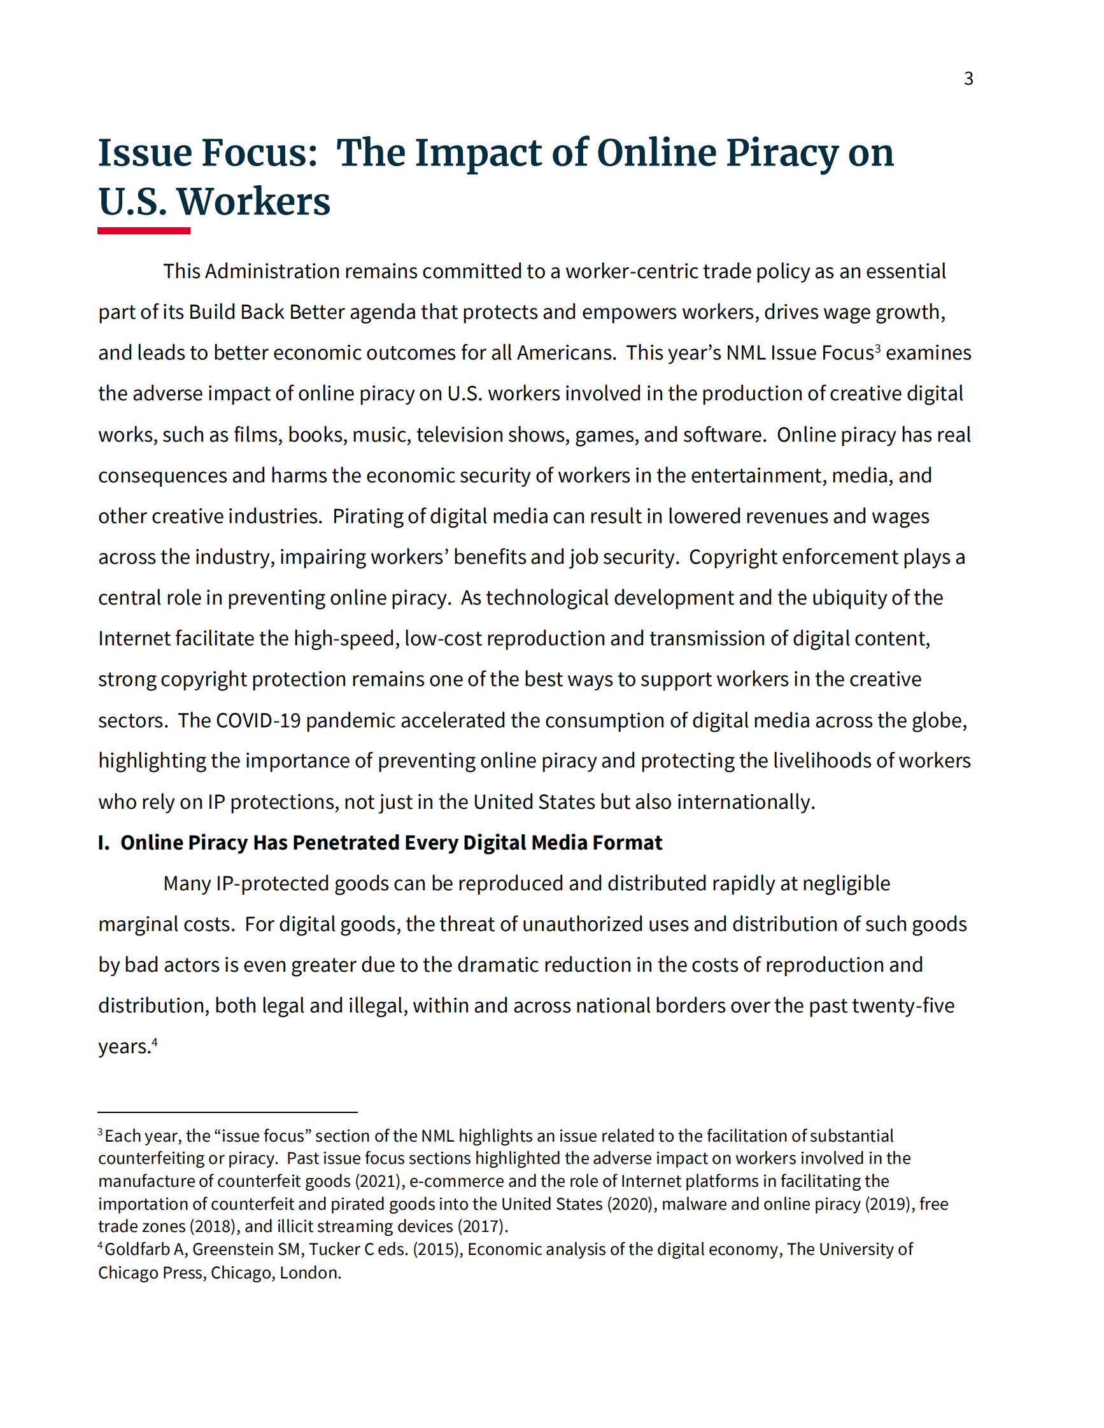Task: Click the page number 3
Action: tap(968, 78)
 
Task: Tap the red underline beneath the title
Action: tap(144, 231)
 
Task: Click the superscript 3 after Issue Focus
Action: tap(878, 347)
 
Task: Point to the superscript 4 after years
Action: tap(154, 1041)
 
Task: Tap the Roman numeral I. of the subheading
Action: tap(103, 843)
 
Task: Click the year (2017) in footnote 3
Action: tap(481, 1227)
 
